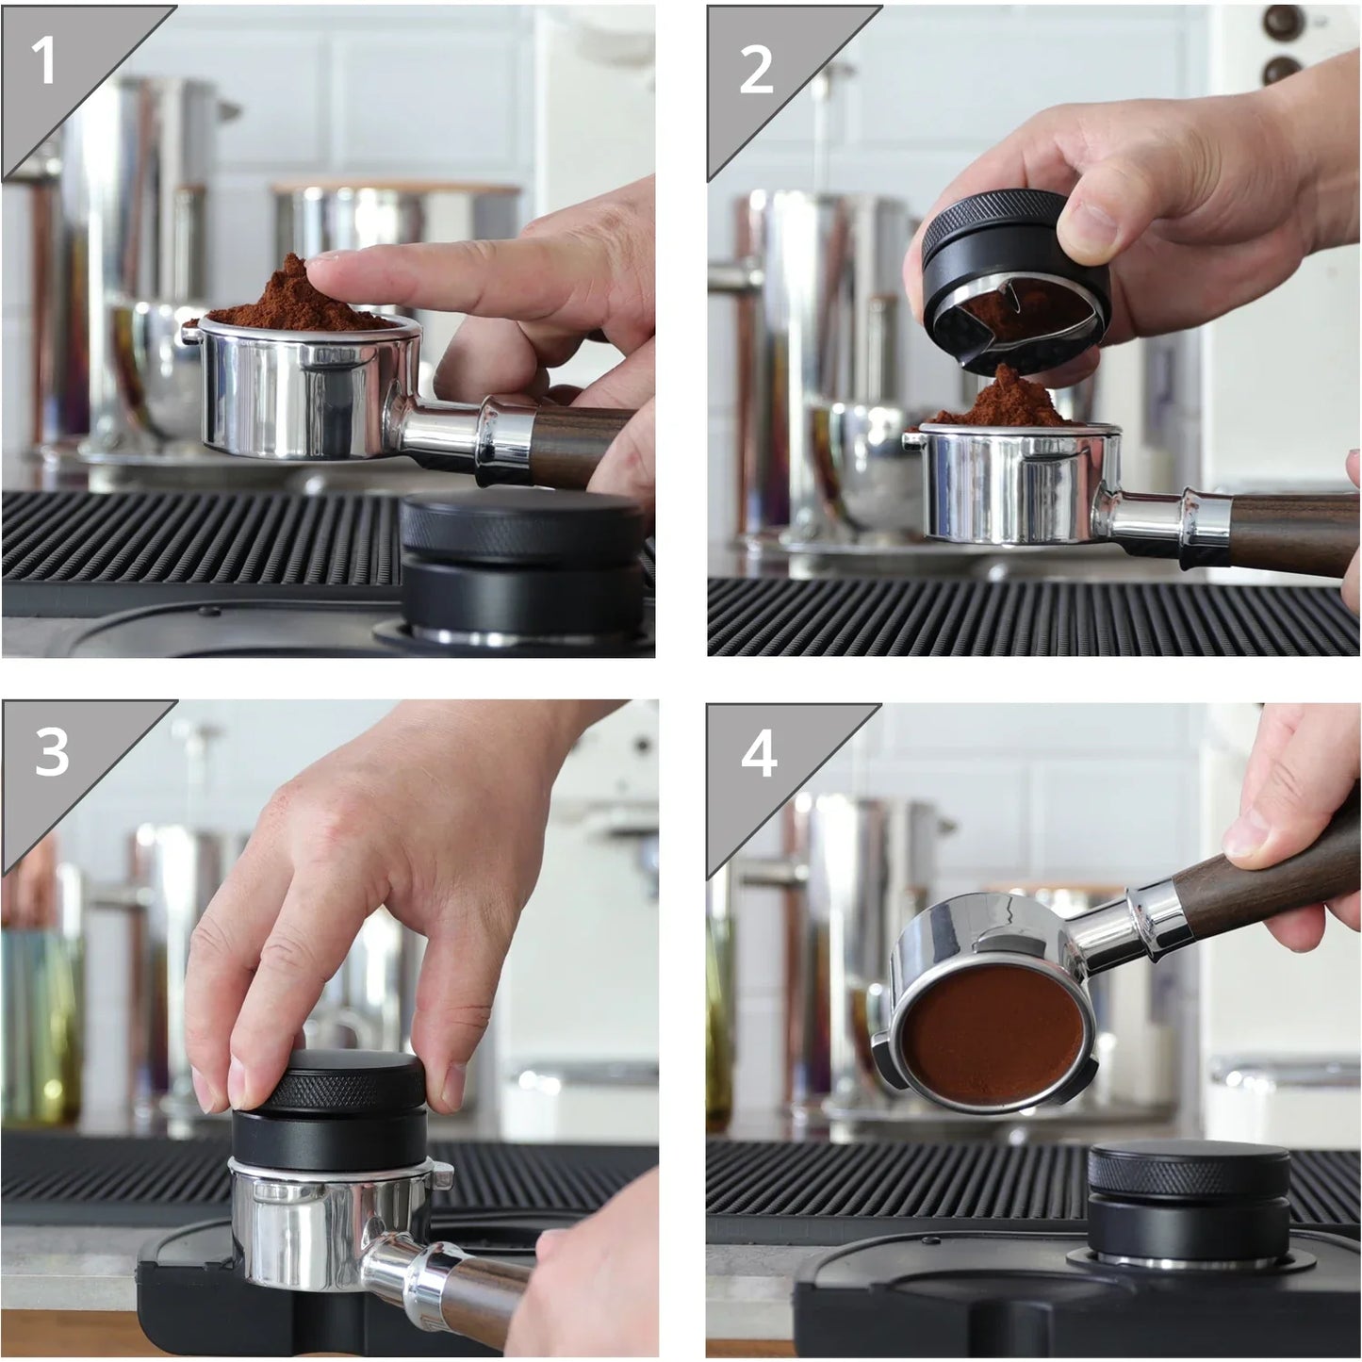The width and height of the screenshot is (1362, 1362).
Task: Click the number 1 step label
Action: (43, 62)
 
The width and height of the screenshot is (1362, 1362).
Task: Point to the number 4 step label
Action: (758, 754)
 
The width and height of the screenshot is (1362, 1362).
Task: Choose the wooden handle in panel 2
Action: (1291, 533)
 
